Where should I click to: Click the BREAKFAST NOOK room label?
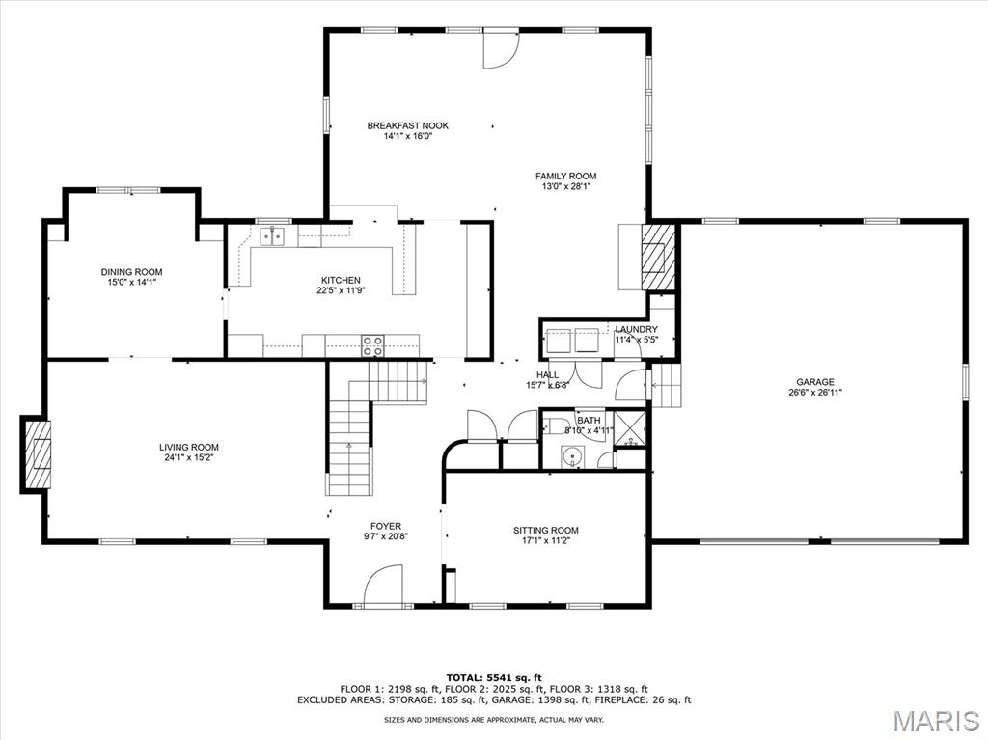(x=407, y=125)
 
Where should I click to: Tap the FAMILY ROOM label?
(x=566, y=176)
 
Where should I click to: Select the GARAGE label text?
(x=815, y=382)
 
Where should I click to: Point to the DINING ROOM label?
(x=131, y=272)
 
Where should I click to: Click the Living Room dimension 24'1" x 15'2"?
(x=189, y=458)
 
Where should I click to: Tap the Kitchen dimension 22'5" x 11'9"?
(x=341, y=290)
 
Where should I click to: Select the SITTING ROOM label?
(x=546, y=530)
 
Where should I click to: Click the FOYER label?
(x=386, y=526)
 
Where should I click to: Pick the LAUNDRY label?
(x=637, y=329)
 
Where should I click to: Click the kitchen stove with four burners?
(x=372, y=343)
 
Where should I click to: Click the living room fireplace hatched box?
(x=39, y=453)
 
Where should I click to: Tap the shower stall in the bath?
(x=629, y=429)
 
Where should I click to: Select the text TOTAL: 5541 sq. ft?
(x=494, y=677)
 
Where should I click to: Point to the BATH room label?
(x=589, y=421)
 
